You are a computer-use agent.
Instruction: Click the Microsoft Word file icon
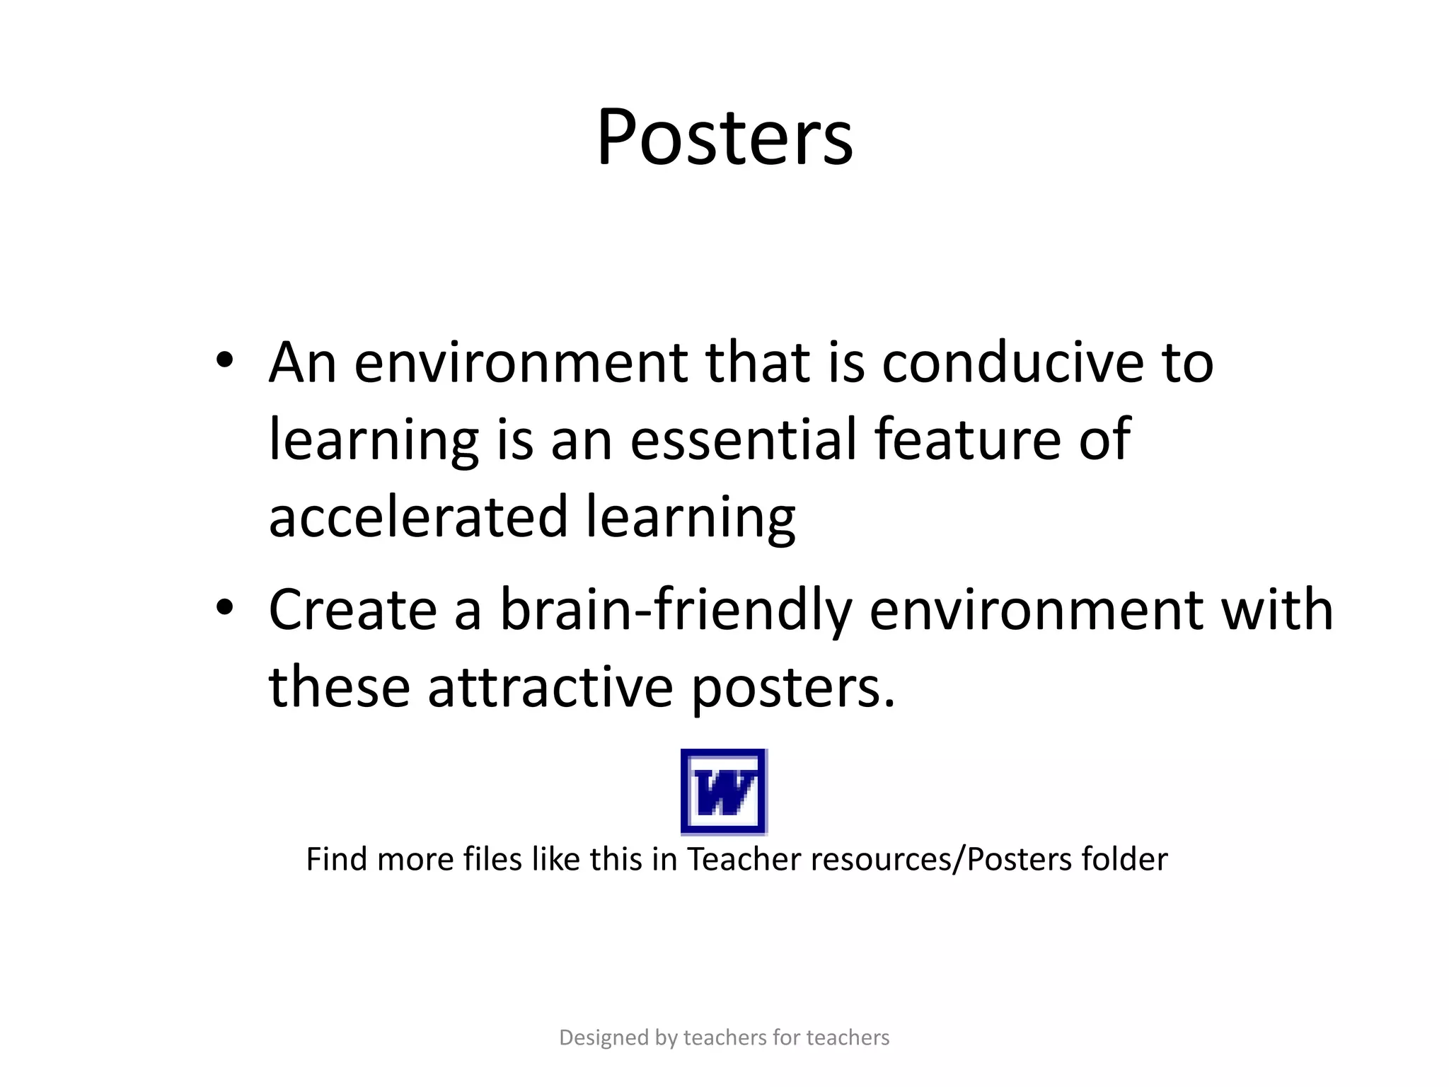pyautogui.click(x=724, y=791)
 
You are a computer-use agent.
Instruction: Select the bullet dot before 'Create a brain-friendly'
pyautogui.click(x=225, y=606)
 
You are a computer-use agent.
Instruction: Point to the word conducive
pyautogui.click(x=1012, y=362)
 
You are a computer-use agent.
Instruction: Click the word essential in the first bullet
pyautogui.click(x=743, y=439)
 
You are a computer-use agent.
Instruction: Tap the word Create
pyautogui.click(x=352, y=609)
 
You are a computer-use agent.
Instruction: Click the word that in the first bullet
pyautogui.click(x=757, y=362)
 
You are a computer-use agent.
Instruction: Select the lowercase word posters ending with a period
pyautogui.click(x=792, y=688)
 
